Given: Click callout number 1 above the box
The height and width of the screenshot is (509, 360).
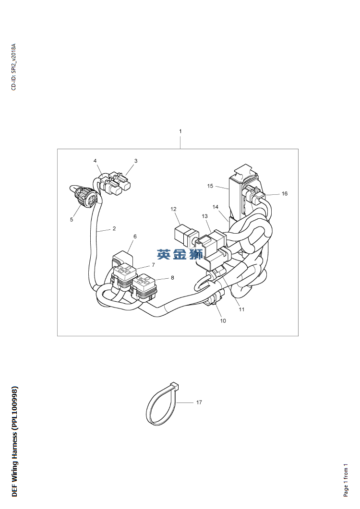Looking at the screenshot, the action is (180, 131).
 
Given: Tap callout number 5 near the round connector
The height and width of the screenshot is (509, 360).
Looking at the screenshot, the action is (72, 219).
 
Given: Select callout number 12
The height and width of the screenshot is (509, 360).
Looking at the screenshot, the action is (173, 209).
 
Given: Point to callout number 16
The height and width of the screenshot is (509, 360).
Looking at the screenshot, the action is (285, 193).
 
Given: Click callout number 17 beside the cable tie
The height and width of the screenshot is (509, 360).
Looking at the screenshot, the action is (199, 402).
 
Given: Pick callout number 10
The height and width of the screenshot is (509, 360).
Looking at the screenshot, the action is (223, 321).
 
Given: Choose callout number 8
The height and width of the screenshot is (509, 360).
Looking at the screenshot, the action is (172, 278).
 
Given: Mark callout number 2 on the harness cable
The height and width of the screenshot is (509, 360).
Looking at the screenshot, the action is (114, 228).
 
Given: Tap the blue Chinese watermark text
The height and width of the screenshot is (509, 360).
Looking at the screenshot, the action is (180, 254).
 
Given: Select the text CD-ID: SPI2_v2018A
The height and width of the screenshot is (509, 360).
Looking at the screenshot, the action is (13, 67).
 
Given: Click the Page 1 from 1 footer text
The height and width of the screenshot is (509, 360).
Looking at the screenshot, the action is (346, 480).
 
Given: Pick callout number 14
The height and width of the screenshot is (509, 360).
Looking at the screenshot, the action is (216, 207).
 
